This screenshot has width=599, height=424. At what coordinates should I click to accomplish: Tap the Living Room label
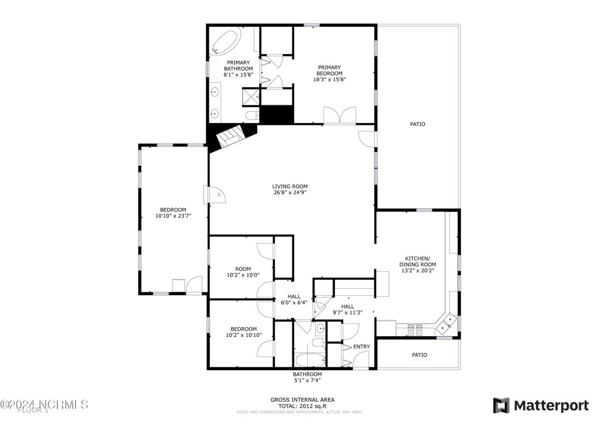coord(290,187)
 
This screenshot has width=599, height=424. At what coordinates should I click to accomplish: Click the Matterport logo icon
coord(501,405)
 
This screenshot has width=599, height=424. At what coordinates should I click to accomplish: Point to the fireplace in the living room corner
coord(230,138)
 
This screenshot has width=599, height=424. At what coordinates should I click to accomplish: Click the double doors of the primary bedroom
coord(340,115)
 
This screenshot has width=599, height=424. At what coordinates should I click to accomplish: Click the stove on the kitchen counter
coord(415,330)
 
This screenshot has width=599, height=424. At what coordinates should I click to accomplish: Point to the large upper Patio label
coord(417,124)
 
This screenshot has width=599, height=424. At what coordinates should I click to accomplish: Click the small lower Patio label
coord(419,355)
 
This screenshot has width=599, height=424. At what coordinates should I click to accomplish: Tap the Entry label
coord(362,347)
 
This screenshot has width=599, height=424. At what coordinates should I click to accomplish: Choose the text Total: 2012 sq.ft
coord(302,405)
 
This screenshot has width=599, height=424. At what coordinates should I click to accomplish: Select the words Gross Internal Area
coord(302,399)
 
